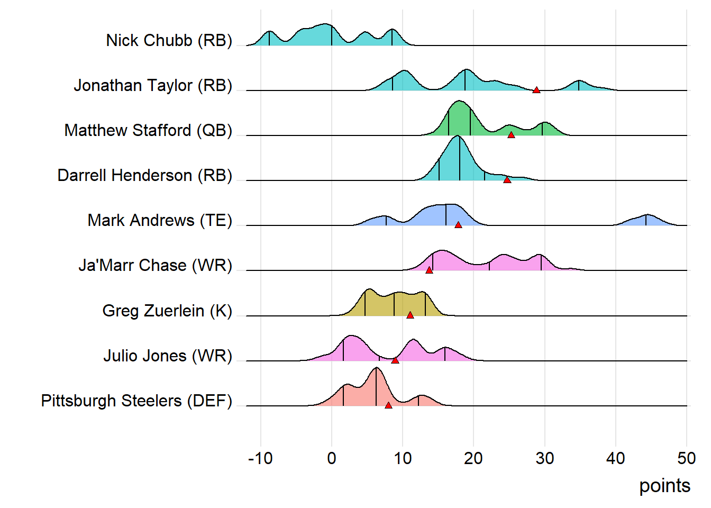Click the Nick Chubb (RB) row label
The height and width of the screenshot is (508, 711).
(x=169, y=40)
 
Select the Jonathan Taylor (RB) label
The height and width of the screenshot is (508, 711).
(x=153, y=85)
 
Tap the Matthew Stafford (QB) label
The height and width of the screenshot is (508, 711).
(x=148, y=130)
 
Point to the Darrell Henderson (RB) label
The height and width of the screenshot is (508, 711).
(x=144, y=175)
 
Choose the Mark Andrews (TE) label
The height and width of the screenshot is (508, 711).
(x=160, y=220)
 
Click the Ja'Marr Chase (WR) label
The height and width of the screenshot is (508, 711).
(x=155, y=265)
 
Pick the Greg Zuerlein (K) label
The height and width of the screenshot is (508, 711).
(x=167, y=311)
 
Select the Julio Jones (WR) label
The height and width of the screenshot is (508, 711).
(x=168, y=356)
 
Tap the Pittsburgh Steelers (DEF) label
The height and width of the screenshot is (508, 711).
(x=136, y=401)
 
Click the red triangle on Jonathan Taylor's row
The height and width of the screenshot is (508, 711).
(x=536, y=90)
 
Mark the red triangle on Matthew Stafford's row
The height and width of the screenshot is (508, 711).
(x=511, y=135)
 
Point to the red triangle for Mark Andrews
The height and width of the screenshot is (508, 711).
(x=458, y=225)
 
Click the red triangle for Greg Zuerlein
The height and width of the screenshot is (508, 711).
(x=410, y=315)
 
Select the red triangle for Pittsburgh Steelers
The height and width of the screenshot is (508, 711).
(x=388, y=405)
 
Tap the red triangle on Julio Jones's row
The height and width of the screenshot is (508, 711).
(x=395, y=360)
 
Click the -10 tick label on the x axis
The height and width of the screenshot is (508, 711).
(x=260, y=458)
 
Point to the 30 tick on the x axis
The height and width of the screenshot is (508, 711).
(x=544, y=458)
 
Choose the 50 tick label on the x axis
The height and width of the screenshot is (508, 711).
(x=686, y=458)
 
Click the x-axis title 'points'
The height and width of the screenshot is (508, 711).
(x=664, y=486)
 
